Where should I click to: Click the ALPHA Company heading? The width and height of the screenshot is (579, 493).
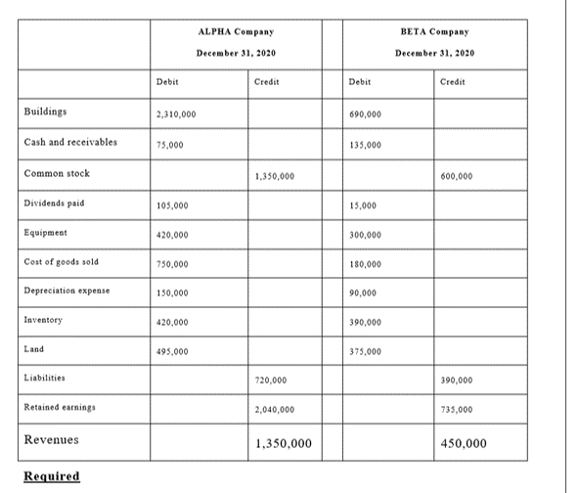tap(235, 32)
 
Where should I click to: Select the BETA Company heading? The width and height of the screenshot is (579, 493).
tap(434, 32)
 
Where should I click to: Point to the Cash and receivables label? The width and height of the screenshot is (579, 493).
tap(70, 142)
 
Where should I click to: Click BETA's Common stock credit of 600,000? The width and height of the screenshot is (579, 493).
tap(458, 176)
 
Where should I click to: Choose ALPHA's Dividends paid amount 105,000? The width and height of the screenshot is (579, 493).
tap(173, 205)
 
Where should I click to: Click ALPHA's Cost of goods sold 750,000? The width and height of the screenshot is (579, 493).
tap(173, 264)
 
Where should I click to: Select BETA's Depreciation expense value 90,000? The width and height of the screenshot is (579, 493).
tap(366, 293)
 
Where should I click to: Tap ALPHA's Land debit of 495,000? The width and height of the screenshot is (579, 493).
tap(173, 351)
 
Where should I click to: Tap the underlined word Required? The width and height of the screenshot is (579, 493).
tap(51, 476)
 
